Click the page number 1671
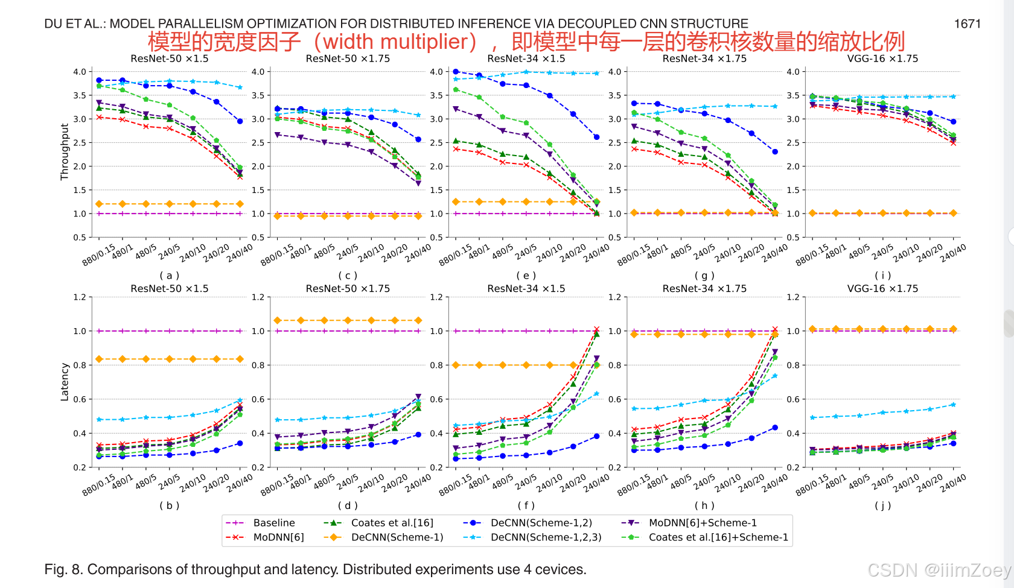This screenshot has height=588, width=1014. point(967,24)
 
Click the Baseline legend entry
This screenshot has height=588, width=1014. point(273,523)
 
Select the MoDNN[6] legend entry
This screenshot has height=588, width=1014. point(278,537)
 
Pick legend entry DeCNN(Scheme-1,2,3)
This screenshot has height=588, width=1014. point(546,537)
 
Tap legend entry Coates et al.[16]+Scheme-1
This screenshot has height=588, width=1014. point(718,537)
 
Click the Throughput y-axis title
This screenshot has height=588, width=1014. point(64,152)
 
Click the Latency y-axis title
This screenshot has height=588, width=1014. point(64,382)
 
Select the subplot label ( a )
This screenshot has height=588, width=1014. point(170,276)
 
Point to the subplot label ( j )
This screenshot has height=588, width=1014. point(882,505)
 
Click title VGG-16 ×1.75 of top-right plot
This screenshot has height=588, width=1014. point(882,58)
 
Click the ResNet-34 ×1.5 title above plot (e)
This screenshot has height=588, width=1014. point(526,58)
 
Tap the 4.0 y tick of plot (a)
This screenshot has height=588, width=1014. point(80,72)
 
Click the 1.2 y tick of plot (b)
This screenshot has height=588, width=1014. point(80,297)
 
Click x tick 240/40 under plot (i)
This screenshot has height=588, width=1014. point(954,252)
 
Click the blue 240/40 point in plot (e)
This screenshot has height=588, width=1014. point(596,137)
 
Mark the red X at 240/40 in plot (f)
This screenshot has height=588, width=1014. point(596,329)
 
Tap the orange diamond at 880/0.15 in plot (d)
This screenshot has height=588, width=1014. point(277,320)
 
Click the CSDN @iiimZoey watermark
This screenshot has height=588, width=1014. point(939,570)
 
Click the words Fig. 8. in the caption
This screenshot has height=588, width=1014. point(63,569)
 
